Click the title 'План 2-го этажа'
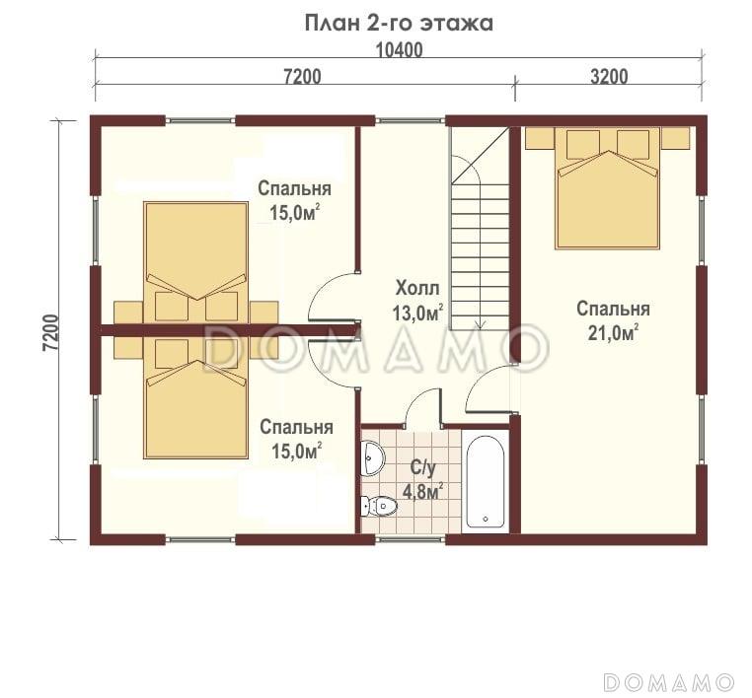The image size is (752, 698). (x=399, y=23)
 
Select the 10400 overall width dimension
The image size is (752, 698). (x=399, y=50)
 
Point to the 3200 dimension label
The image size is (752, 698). (x=609, y=76)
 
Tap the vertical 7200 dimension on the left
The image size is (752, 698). (x=51, y=332)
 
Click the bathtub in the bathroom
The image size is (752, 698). (x=486, y=481)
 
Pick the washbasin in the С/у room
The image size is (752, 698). (x=373, y=458)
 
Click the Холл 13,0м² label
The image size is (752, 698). (x=417, y=301)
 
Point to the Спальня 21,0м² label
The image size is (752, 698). (x=614, y=320)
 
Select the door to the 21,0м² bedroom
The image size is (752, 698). (x=491, y=389)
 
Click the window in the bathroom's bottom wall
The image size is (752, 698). (x=411, y=539)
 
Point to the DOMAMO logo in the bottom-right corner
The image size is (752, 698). (x=669, y=682)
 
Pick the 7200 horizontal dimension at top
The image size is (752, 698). (x=302, y=76)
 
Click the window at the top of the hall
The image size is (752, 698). (x=411, y=119)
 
